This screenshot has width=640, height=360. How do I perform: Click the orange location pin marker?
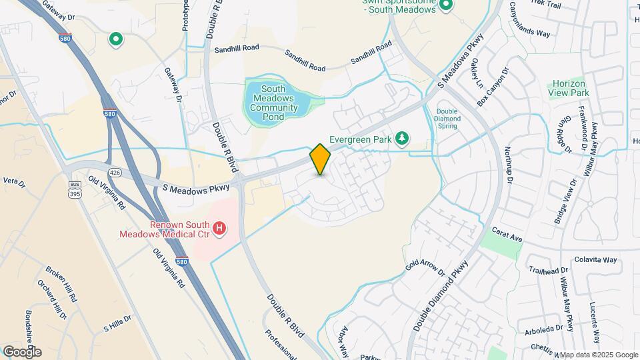[321, 159]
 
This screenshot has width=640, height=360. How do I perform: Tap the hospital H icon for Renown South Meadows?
[219, 230]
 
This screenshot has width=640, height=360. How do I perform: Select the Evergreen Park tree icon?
[402, 138]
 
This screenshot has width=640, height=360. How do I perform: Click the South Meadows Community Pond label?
[273, 103]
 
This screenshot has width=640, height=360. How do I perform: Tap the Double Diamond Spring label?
[447, 119]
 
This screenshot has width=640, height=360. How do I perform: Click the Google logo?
[23, 351]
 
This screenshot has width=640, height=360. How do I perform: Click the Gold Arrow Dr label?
[424, 263]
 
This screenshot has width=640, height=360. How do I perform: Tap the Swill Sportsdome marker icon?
[446, 5]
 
